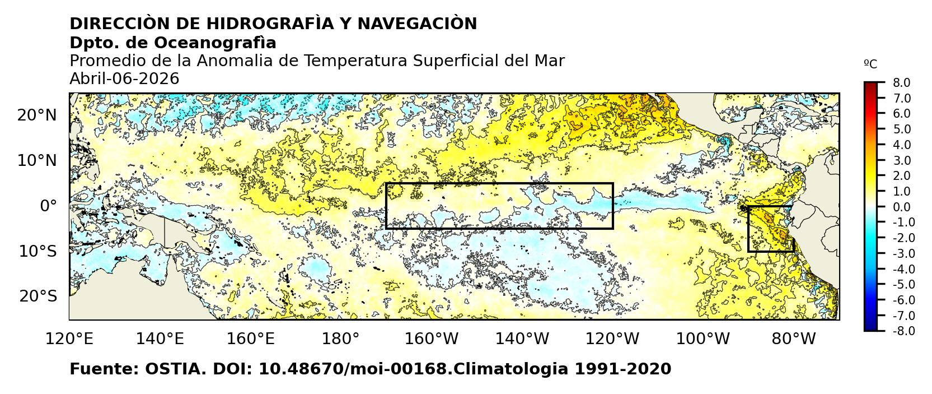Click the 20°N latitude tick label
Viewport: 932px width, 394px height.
pyautogui.click(x=37, y=115)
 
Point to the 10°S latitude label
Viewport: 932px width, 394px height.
pyautogui.click(x=38, y=251)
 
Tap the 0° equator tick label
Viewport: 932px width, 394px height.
pyautogui.click(x=48, y=206)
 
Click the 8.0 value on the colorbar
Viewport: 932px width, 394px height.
pyautogui.click(x=901, y=83)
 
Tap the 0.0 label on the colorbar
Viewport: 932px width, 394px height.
pyautogui.click(x=901, y=207)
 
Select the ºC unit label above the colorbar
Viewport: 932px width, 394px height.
pyautogui.click(x=870, y=64)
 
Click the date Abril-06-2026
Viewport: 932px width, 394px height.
pyautogui.click(x=124, y=79)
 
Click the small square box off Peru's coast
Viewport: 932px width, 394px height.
pyautogui.click(x=771, y=229)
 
